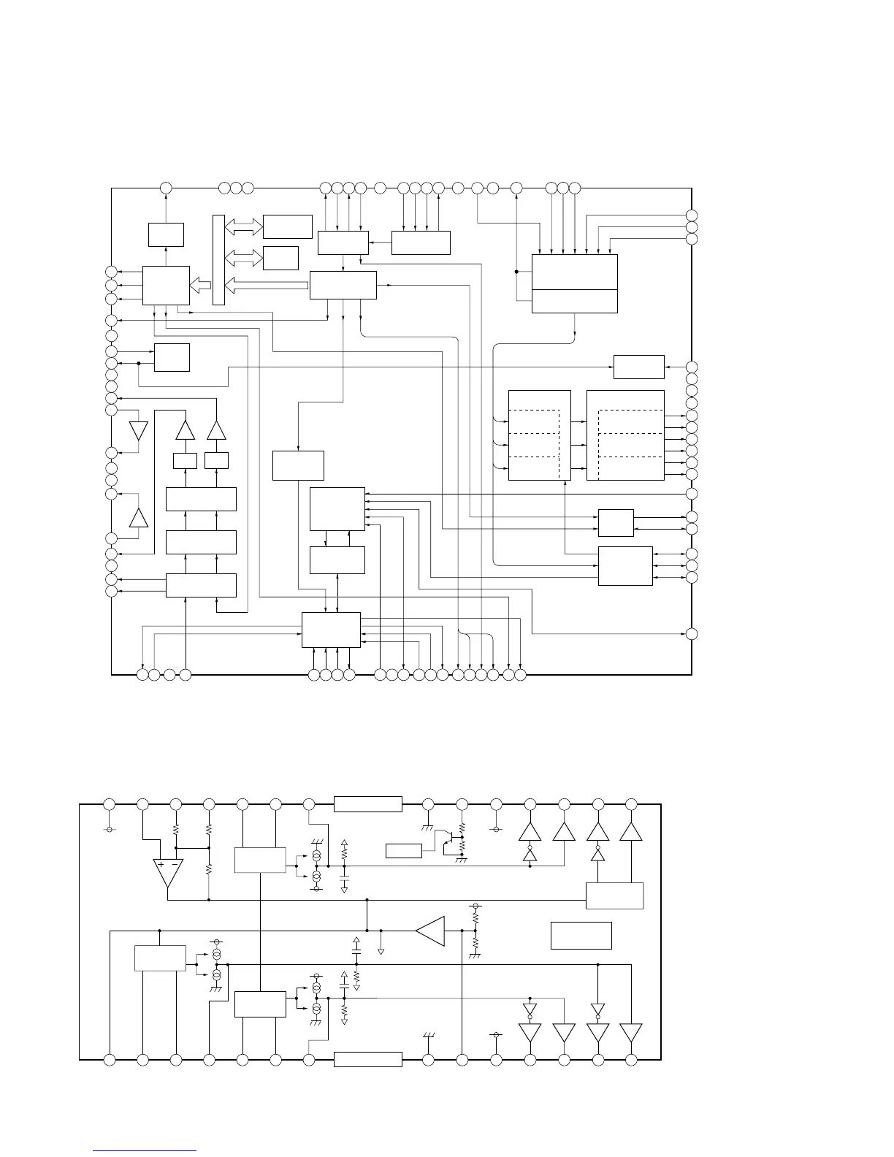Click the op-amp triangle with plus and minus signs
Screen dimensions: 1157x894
168,871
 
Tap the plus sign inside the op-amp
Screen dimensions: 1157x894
161,865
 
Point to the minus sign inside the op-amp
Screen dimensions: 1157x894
176,865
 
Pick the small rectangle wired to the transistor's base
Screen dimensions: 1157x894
404,850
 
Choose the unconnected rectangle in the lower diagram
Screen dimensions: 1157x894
581,936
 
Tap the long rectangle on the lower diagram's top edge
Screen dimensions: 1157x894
367,804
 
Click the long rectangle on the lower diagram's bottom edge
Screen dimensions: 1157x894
367,1059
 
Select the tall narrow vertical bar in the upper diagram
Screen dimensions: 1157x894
218,259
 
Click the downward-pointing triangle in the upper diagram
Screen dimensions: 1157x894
138,430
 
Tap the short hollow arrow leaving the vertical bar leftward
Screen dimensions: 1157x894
200,285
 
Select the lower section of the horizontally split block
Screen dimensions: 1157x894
575,301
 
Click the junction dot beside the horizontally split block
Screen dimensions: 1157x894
516,272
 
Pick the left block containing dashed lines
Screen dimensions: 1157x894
539,435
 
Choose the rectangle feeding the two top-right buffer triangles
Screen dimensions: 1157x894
615,896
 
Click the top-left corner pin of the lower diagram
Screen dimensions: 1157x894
110,804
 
